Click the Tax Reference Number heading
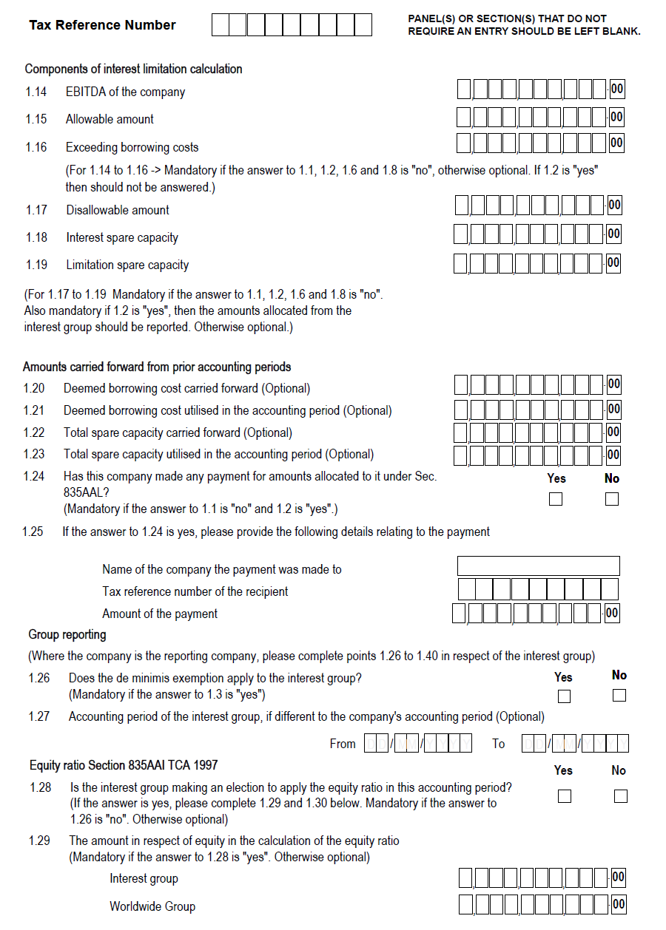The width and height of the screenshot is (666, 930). pyautogui.click(x=102, y=25)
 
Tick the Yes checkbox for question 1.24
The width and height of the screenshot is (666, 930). pyautogui.click(x=556, y=499)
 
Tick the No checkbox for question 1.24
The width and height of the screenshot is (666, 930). pyautogui.click(x=611, y=499)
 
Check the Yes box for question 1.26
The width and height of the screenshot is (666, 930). pyautogui.click(x=564, y=696)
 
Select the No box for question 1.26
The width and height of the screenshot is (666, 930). pyautogui.click(x=619, y=696)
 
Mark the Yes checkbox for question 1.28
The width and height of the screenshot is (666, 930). pyautogui.click(x=564, y=796)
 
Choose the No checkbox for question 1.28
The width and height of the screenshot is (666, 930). pyautogui.click(x=620, y=796)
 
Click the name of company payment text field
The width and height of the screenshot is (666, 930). pyautogui.click(x=538, y=566)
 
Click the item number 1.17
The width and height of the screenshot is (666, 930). pyautogui.click(x=36, y=210)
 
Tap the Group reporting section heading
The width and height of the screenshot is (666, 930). pyautogui.click(x=67, y=635)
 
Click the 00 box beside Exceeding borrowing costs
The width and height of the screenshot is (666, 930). pyautogui.click(x=616, y=143)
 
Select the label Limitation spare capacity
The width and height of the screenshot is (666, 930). pyautogui.click(x=127, y=265)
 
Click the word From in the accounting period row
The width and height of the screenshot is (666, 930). pyautogui.click(x=343, y=744)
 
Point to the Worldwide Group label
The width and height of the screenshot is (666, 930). pyautogui.click(x=152, y=906)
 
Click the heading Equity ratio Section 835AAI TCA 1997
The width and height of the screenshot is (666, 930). pyautogui.click(x=124, y=765)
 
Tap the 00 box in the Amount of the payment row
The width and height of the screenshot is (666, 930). pyautogui.click(x=612, y=613)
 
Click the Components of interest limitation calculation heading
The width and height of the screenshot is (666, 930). pyautogui.click(x=133, y=69)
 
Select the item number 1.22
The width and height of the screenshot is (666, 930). pyautogui.click(x=34, y=432)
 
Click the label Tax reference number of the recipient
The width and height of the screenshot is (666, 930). pyautogui.click(x=195, y=591)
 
